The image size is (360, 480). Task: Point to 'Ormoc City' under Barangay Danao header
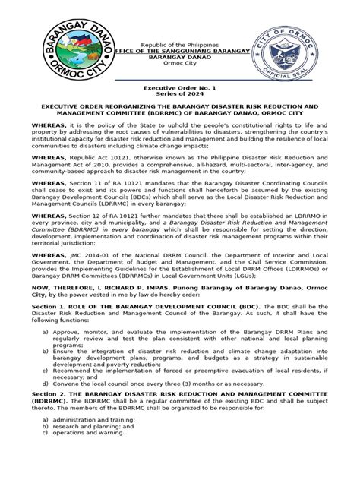point(180,66)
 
